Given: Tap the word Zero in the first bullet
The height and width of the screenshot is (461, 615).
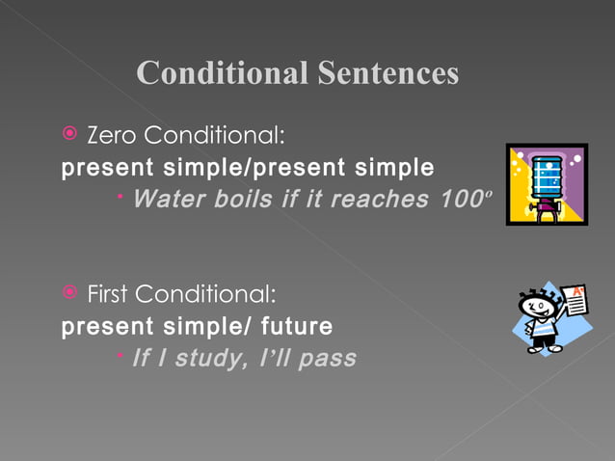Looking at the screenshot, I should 112,132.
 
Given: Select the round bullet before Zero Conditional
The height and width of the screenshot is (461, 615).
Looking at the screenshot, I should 69,132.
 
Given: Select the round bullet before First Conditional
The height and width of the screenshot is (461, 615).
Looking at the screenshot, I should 69,291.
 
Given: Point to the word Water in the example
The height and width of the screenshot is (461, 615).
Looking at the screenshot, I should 165,201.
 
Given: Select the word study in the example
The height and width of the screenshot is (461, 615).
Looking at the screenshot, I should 205,359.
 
